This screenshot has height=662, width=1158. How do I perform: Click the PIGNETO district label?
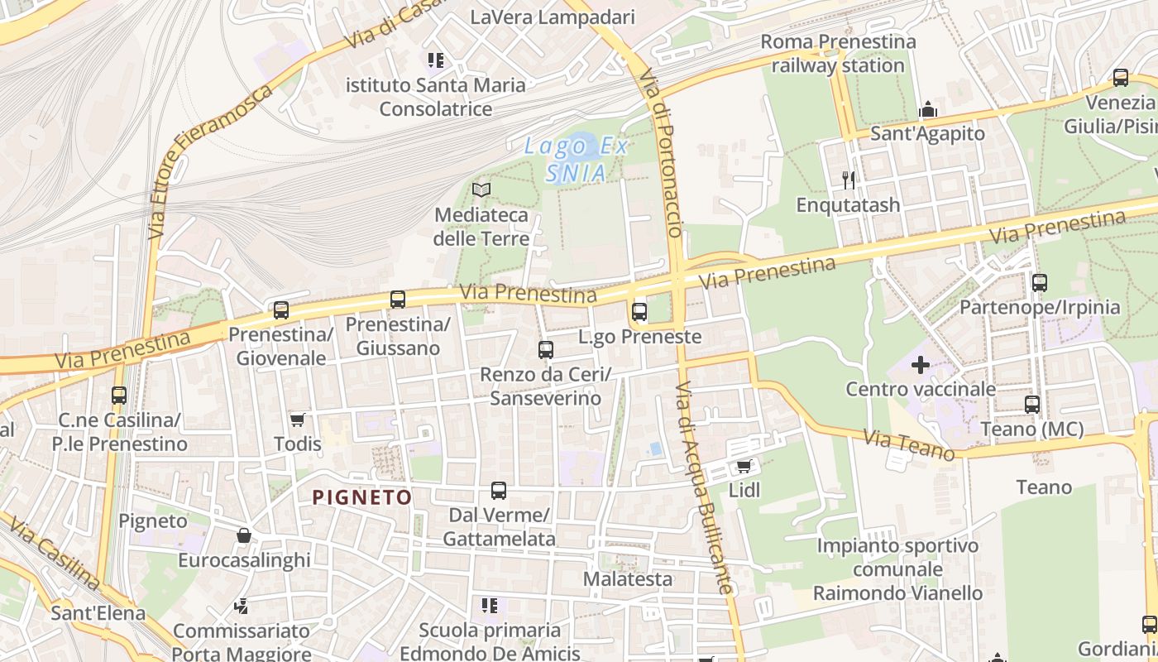pyautogui.click(x=361, y=497)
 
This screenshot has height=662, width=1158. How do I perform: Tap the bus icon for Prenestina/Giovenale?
pyautogui.click(x=281, y=310)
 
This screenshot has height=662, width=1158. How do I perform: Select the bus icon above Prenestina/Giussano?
pyautogui.click(x=398, y=300)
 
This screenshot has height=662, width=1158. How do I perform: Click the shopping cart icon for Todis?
pyautogui.click(x=297, y=420)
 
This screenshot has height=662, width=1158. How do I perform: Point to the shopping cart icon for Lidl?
pyautogui.click(x=744, y=467)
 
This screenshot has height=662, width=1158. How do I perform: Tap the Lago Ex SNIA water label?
pyautogui.click(x=577, y=160)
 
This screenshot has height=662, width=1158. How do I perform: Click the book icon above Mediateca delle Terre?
pyautogui.click(x=481, y=189)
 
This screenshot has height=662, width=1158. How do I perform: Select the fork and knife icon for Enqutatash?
pyautogui.click(x=848, y=180)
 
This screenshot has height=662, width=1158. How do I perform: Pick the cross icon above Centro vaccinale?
pyautogui.click(x=921, y=364)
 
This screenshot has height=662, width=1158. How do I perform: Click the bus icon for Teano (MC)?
pyautogui.click(x=1032, y=405)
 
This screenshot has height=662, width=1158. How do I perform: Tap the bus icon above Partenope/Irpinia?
pyautogui.click(x=1040, y=282)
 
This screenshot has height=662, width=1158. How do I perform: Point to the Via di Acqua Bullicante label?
pyautogui.click(x=703, y=488)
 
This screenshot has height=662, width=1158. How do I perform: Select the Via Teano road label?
pyautogui.click(x=909, y=444)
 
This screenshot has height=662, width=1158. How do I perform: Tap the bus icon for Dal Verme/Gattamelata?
pyautogui.click(x=499, y=491)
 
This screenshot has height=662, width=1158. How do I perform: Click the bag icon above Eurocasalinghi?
pyautogui.click(x=244, y=535)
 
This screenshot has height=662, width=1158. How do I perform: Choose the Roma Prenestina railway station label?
pyautogui.click(x=837, y=53)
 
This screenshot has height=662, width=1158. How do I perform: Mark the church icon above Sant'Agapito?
pyautogui.click(x=928, y=109)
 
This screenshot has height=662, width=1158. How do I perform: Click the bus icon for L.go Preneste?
pyautogui.click(x=639, y=312)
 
